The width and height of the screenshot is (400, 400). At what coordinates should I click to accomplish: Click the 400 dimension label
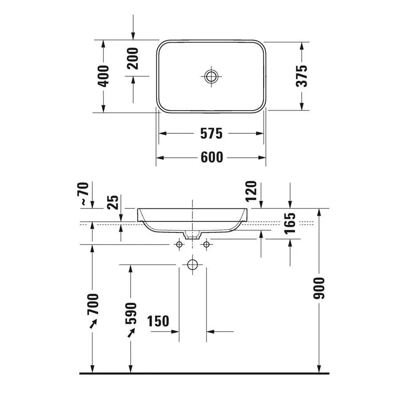[103, 76]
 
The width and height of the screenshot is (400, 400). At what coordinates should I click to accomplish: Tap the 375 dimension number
[302, 76]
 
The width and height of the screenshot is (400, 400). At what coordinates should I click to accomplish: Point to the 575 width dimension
[212, 133]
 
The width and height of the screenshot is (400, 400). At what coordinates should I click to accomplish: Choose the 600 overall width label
[212, 157]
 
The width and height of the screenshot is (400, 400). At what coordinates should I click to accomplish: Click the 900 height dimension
[320, 288]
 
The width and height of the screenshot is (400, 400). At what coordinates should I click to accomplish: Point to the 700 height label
[92, 303]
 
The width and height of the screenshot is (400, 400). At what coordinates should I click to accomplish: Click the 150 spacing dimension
[158, 320]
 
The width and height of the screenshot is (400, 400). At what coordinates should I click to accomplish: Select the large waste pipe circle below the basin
[192, 265]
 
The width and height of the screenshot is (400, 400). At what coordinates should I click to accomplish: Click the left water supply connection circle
[179, 244]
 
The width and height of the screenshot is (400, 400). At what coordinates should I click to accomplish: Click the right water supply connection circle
[206, 244]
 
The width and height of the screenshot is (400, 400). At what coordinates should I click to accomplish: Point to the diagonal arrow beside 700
[93, 324]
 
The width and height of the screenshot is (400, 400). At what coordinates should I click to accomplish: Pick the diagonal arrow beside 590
[131, 333]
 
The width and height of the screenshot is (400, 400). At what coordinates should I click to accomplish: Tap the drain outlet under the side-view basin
[192, 235]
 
